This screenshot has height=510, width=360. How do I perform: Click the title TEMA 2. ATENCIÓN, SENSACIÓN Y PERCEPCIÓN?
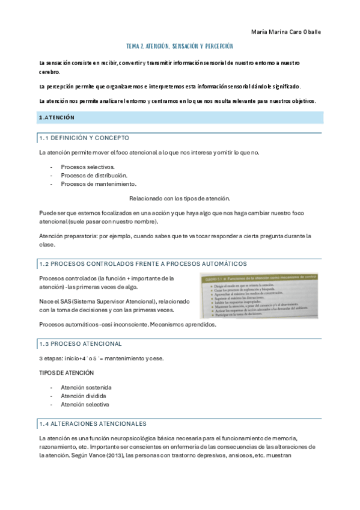tap(179, 46)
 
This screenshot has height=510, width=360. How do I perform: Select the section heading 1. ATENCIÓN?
tap(56, 118)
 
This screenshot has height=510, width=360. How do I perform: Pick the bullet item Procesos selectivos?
tap(88, 167)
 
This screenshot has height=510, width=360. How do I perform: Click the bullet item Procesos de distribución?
tap(94, 175)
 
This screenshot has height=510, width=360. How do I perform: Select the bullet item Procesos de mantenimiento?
tap(99, 183)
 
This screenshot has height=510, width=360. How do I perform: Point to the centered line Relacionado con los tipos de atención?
tap(180, 198)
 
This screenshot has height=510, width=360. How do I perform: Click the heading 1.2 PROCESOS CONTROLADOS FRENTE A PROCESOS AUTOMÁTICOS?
tap(142, 263)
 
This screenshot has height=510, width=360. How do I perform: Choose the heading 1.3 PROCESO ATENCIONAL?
tap(80, 343)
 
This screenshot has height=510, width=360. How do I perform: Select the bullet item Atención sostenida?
tap(86, 387)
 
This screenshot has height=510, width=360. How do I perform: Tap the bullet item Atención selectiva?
tap(85, 405)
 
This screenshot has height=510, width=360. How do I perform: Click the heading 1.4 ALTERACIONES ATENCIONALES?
tap(92, 424)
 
